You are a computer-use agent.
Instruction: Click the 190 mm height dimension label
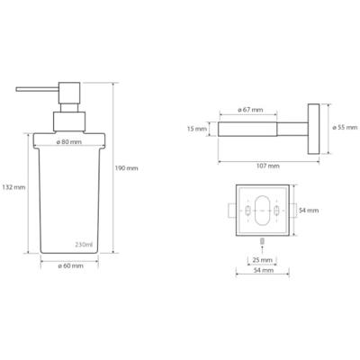[x=127, y=167]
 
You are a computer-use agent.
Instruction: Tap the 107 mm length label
[x=267, y=166]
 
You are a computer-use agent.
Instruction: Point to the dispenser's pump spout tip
[x=19, y=91]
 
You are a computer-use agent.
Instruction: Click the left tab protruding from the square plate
[x=233, y=211]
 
